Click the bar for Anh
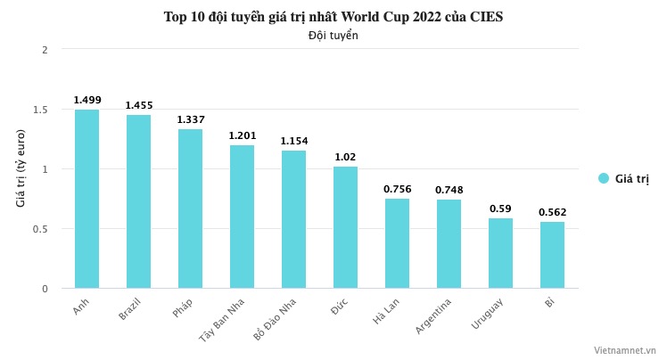coord(86,199)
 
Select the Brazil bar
coord(138,201)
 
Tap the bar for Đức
coord(345,227)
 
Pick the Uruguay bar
coord(500,253)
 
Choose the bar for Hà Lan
coord(397,243)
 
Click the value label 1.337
coord(190,119)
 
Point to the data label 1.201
coord(242,135)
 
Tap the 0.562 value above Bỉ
coord(552,212)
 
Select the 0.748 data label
coord(449,190)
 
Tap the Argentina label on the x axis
coord(433,316)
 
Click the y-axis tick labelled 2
coord(44,50)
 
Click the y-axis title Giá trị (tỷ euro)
coord(21,168)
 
